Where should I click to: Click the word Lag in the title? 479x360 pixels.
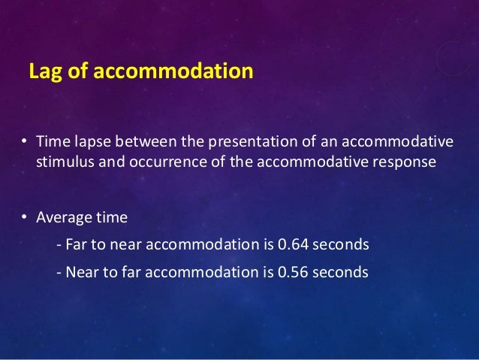coord(42,72)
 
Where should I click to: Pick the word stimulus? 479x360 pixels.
coord(64,162)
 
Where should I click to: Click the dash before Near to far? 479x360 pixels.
coord(59,272)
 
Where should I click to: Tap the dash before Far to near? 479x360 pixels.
coord(59,246)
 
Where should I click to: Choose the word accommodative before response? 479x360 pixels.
coord(318,162)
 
